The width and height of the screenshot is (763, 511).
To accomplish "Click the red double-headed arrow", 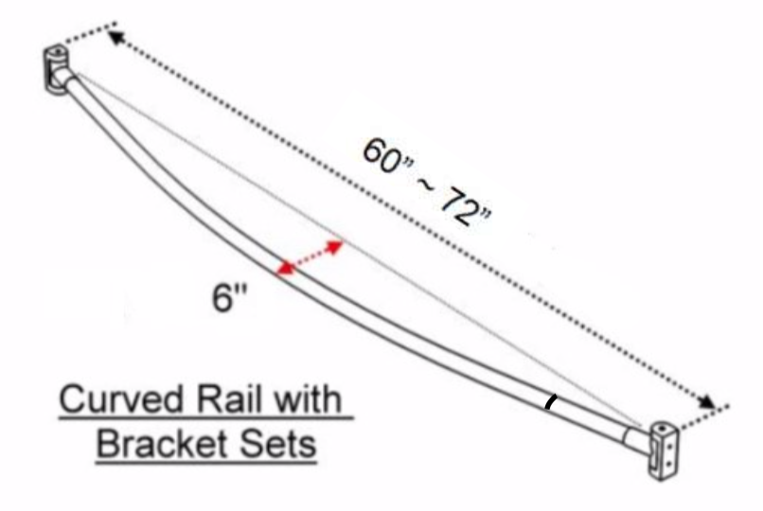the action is click(x=310, y=257).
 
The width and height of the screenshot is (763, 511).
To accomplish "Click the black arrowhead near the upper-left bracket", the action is click(x=115, y=38).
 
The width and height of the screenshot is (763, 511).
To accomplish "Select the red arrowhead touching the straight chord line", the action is click(x=335, y=246).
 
